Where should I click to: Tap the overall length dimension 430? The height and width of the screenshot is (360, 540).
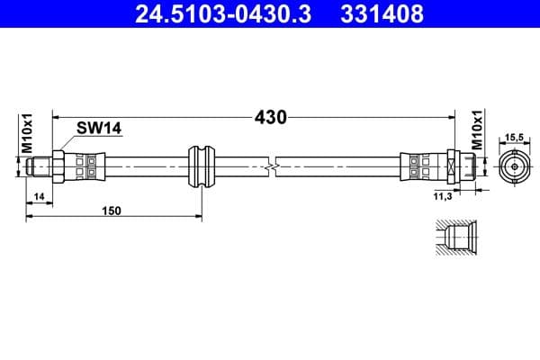coord(269,118)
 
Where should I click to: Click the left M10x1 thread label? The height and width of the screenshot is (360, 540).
coord(27,132)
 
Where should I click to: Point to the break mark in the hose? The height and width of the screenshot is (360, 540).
coord(271,166)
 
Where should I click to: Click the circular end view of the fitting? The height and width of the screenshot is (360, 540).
coord(514,166)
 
